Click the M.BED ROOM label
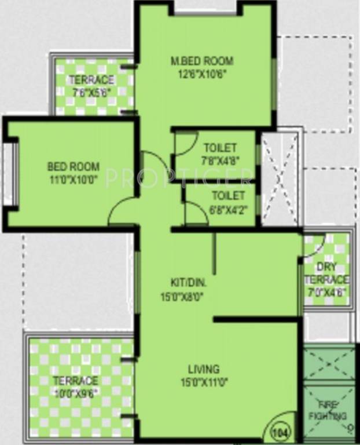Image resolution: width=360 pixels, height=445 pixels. click(201, 60)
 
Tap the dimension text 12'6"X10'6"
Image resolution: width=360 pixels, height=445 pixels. click(201, 73)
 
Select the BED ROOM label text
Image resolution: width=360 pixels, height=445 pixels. click(73, 167)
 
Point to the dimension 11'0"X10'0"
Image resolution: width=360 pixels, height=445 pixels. click(73, 179)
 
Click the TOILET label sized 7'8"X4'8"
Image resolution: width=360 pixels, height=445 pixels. click(220, 147)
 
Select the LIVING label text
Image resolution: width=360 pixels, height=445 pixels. click(203, 369)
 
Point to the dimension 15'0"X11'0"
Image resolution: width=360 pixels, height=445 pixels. click(203, 381)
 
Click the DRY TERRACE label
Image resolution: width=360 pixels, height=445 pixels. click(327, 273)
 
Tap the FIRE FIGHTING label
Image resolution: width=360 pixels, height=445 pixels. click(332, 410)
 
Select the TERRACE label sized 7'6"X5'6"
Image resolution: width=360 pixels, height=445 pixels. click(91, 79)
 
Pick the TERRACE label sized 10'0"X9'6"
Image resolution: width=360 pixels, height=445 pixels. click(76, 381)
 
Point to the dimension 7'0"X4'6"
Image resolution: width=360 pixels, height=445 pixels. click(327, 293)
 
